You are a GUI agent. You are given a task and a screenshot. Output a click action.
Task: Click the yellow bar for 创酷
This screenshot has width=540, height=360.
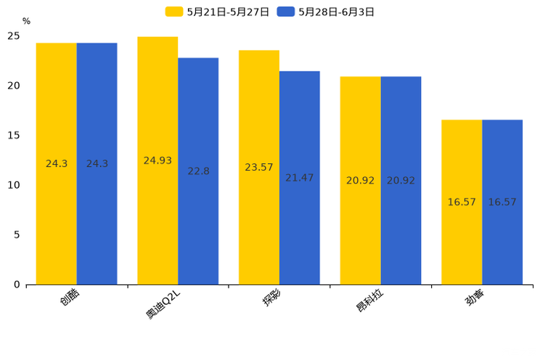point(57,163)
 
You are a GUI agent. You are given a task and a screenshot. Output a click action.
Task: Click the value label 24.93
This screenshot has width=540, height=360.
point(157,160)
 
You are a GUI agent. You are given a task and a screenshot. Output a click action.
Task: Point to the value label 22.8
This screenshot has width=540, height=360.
point(198,171)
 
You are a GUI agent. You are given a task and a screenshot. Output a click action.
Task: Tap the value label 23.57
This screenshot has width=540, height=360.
point(259,167)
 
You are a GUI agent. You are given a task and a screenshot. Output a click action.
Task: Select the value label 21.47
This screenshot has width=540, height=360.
point(300,178)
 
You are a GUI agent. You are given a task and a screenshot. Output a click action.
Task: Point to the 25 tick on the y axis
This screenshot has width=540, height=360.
point(14,36)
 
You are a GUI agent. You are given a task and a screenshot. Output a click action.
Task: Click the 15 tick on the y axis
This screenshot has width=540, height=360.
point(14,135)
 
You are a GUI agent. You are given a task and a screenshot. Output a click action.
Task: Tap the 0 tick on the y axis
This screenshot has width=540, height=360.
point(17,285)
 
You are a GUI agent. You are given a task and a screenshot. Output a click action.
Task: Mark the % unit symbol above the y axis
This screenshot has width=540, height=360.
point(26,22)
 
